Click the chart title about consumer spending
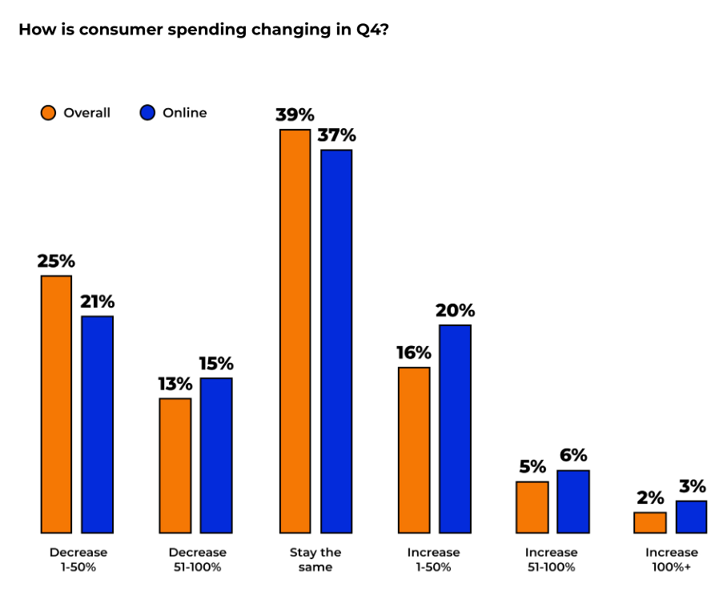tap(203, 30)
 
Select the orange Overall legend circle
tap(49, 113)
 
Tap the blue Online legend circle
tap(147, 113)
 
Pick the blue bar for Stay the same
tap(336, 341)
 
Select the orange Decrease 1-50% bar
tap(56, 404)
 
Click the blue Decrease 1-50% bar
tap(98, 425)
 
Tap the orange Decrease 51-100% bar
tap(175, 465)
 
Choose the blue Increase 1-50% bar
tap(455, 429)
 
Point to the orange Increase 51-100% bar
tap(532, 507)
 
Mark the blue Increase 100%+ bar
tap(691, 517)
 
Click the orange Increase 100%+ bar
tap(650, 522)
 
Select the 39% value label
tap(295, 115)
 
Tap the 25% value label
tap(56, 261)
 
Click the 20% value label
tap(455, 310)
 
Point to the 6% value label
tap(573, 456)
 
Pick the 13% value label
tap(175, 384)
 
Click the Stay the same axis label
tap(315, 559)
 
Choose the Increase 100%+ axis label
tap(671, 559)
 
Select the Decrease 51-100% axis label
tap(197, 559)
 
